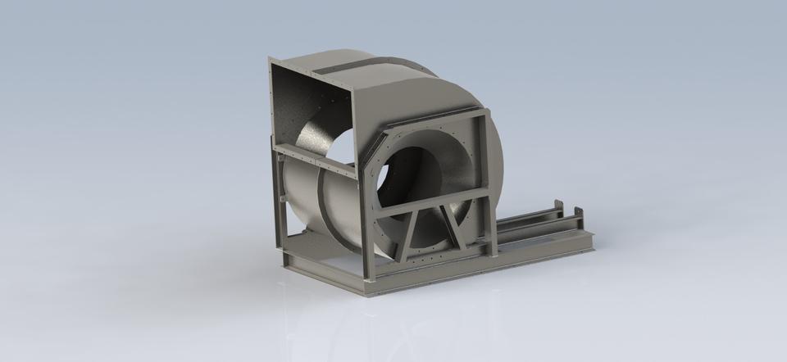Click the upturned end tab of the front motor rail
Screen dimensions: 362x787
tap(580, 215)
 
